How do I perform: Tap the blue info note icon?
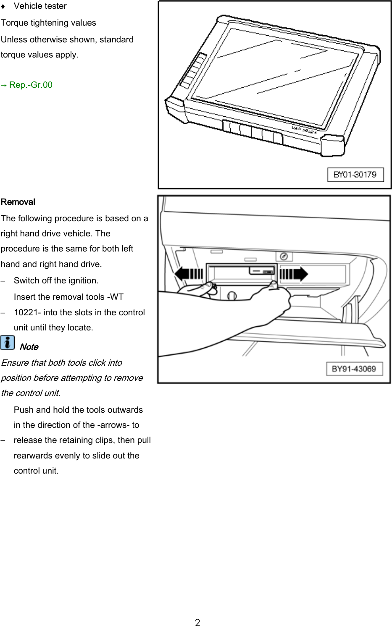7,342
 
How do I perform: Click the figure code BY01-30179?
355,175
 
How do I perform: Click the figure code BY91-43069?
354,369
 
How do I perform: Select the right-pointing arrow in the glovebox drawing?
294,274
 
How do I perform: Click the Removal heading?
18,202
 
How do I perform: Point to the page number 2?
197,622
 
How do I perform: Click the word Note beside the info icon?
29,347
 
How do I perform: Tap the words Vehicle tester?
40,6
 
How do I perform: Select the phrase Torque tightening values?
48,23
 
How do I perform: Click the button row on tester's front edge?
253,132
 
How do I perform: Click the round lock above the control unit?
284,256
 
